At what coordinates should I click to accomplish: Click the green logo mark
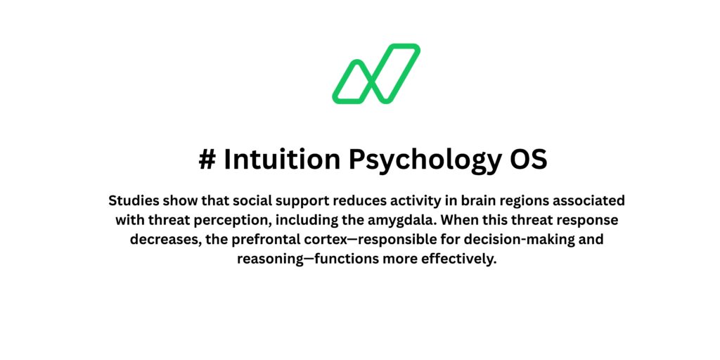coord(376,74)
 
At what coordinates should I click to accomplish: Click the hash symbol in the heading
coord(207,160)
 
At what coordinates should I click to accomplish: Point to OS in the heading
coord(528,160)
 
